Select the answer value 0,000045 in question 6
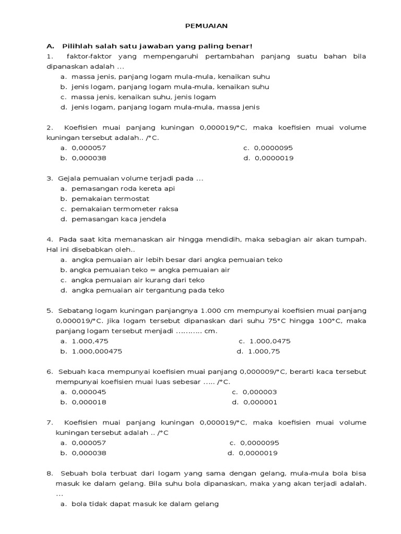click(x=89, y=392)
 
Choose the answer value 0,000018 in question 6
click(x=89, y=402)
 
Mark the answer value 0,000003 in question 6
click(x=259, y=392)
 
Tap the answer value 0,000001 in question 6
click(x=259, y=402)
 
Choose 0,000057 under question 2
click(x=89, y=148)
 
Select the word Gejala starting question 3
click(x=68, y=179)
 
